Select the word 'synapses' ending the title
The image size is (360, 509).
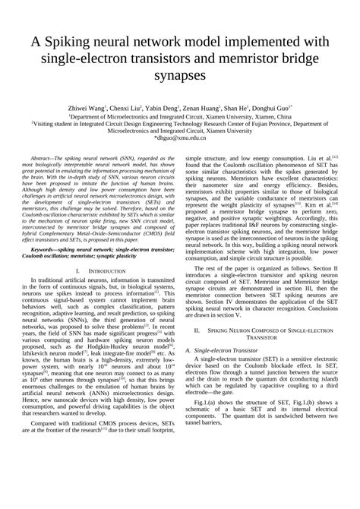coord(180,76)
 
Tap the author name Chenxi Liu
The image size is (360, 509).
coord(150,109)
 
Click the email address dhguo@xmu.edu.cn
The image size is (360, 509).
coord(181,139)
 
